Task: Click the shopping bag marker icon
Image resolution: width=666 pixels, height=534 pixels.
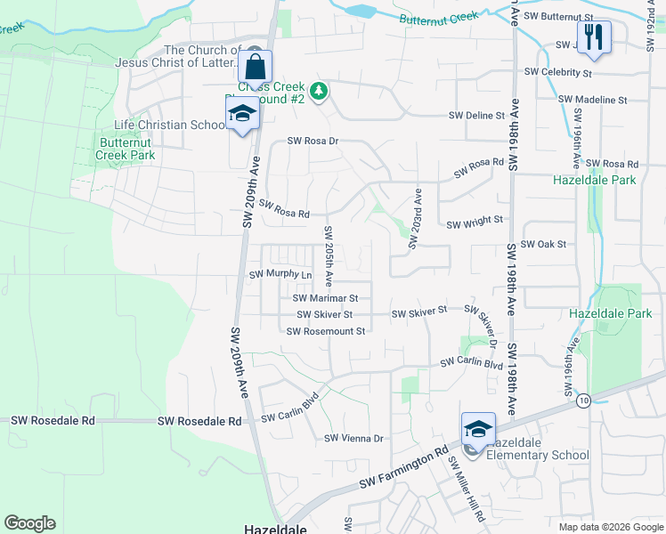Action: click(255, 67)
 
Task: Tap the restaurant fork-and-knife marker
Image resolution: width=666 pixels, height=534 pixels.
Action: click(594, 37)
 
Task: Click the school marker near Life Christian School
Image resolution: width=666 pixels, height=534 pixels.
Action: click(241, 114)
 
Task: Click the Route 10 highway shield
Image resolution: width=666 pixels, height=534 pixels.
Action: click(583, 401)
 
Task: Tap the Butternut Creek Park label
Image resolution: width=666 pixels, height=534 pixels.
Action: click(126, 149)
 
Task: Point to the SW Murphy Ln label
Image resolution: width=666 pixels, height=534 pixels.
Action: click(280, 275)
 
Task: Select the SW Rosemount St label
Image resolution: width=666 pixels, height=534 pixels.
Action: click(326, 331)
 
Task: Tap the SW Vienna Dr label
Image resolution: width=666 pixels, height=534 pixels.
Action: click(353, 438)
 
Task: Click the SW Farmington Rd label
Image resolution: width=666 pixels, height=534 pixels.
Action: click(403, 469)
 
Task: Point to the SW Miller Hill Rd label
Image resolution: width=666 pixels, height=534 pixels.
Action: click(466, 489)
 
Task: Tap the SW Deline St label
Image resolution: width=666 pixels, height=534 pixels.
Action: click(476, 116)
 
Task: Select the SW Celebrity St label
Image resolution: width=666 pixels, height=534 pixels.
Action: click(558, 71)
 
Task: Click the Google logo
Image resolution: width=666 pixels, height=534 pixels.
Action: click(29, 523)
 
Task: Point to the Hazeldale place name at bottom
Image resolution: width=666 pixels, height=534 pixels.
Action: click(276, 529)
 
